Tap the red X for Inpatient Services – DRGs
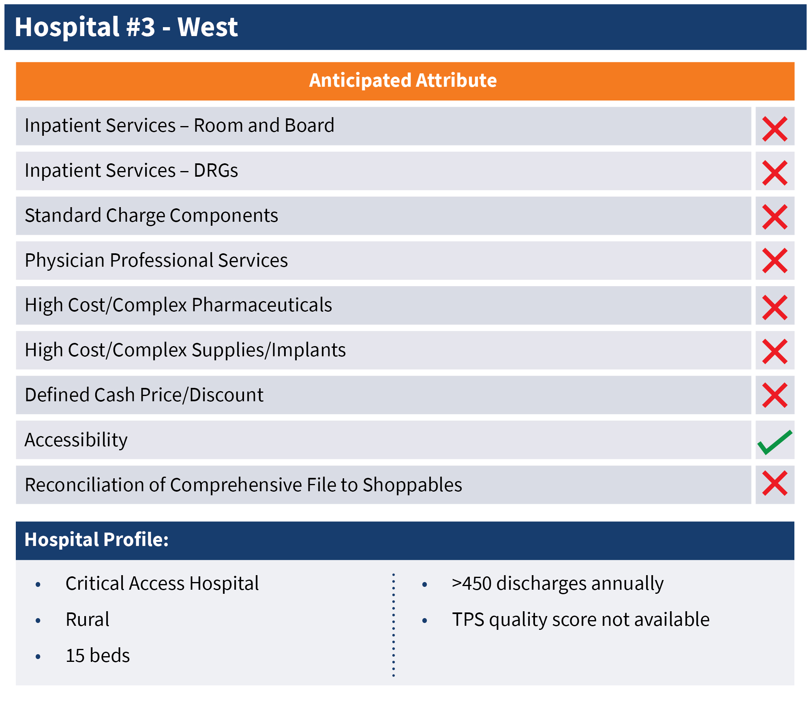(775, 173)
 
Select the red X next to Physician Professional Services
(775, 261)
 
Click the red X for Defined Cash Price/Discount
(775, 395)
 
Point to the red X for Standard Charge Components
(775, 217)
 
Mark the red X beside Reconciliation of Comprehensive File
(775, 483)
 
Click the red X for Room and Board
(775, 129)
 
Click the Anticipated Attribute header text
(403, 80)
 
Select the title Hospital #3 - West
(126, 27)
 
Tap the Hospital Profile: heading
(96, 539)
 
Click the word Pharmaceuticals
(262, 305)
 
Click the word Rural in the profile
(88, 619)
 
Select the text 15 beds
(98, 655)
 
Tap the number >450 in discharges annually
(472, 584)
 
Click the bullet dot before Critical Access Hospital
(38, 584)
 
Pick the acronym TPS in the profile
(468, 619)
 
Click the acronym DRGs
(216, 170)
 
